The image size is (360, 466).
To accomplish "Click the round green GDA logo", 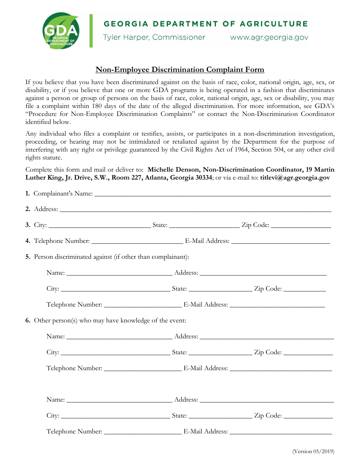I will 61,31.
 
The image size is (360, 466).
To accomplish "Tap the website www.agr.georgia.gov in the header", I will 269,38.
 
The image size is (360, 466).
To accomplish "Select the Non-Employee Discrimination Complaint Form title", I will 180,70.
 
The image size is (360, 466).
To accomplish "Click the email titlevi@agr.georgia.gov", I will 295,177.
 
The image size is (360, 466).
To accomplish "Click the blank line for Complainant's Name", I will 212,194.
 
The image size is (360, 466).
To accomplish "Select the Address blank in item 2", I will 195,209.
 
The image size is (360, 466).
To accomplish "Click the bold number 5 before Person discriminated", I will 28,257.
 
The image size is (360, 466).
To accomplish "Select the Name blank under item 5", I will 119,273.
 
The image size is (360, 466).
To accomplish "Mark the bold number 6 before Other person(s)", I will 28,321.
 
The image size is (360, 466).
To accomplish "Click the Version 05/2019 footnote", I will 313,451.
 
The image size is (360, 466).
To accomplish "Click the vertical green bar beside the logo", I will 91,31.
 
